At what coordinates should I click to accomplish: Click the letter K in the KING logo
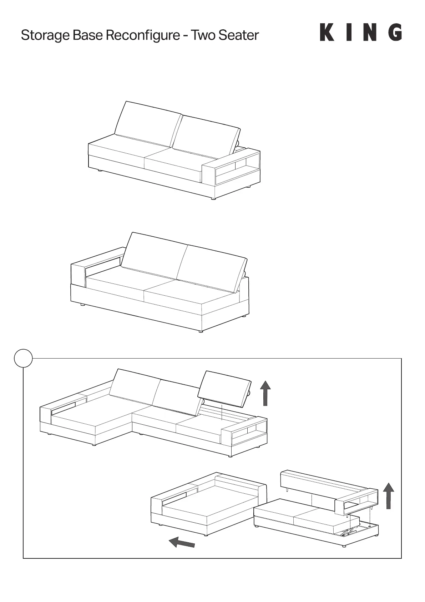coord(327,33)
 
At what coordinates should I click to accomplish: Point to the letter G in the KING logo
coord(395,33)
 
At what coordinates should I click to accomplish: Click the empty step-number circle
coord(24,358)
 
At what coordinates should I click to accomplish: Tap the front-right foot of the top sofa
coord(213,198)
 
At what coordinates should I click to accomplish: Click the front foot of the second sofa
coord(201,331)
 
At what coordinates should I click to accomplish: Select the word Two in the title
coord(203,35)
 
